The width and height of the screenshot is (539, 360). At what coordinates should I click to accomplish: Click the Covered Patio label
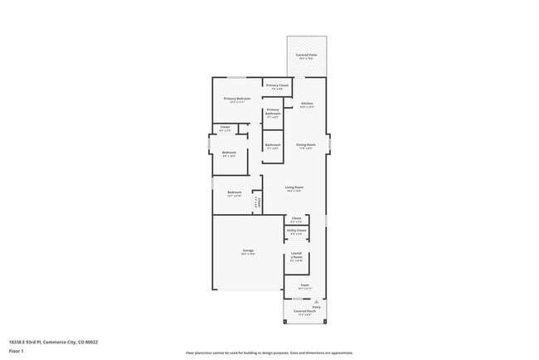307,56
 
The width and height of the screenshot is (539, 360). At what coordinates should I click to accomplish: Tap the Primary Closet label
277,85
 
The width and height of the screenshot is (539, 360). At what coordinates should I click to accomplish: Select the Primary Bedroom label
237,99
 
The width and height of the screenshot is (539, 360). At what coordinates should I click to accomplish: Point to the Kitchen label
307,104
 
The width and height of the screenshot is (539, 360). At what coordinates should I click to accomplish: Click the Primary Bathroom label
273,114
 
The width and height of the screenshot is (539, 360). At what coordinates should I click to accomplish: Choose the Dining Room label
306,145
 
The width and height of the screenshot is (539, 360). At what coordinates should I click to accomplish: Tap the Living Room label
294,187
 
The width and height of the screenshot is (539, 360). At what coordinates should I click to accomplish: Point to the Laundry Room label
296,257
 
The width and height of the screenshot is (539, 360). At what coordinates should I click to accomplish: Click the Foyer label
305,285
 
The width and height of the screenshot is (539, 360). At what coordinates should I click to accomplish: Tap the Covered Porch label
306,313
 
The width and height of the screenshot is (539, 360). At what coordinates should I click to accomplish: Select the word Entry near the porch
316,306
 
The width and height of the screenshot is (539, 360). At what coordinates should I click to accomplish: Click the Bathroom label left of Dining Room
273,145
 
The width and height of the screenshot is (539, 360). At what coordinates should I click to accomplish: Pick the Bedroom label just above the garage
234,192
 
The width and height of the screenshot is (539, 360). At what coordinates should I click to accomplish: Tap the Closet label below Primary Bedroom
225,127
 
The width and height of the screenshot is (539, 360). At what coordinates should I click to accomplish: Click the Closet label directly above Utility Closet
296,218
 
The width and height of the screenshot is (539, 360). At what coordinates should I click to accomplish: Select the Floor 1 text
16,349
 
